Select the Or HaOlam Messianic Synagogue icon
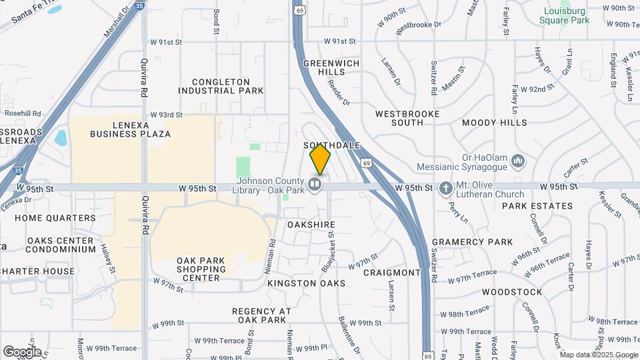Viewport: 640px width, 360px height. tap(519, 161)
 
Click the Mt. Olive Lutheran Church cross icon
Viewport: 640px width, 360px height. tap(445, 187)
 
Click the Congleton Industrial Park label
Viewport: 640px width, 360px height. tap(221, 86)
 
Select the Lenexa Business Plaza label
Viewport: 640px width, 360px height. tap(132, 129)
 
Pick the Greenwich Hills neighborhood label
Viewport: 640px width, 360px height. tap(331, 67)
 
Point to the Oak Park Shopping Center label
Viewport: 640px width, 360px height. tap(198, 269)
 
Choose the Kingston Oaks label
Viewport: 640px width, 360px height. tap(306, 283)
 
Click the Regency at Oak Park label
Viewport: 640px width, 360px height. tap(262, 315)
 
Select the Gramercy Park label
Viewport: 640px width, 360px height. tap(472, 242)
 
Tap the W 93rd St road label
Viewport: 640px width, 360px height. tap(166, 115)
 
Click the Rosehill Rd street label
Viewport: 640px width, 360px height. tap(23, 113)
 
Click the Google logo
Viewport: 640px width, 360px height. tap(22, 351)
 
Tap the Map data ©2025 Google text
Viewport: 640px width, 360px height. tap(598, 354)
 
